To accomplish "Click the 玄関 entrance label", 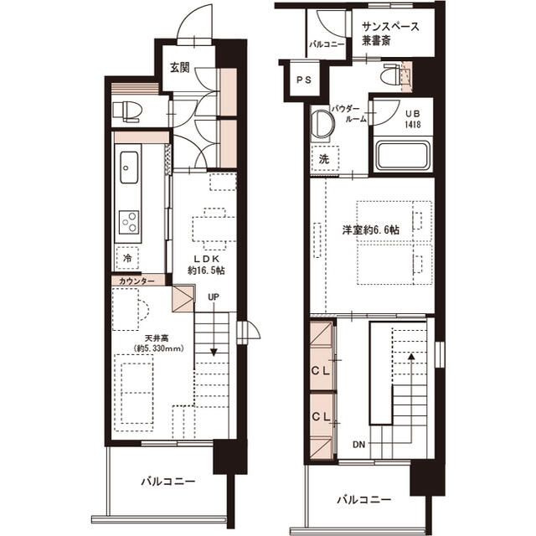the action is pos(180,67).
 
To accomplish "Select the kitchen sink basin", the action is pos(129,168).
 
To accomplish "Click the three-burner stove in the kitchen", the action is pos(129,222).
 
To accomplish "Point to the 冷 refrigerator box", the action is pos(127,258).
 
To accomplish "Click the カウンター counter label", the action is pos(137,281).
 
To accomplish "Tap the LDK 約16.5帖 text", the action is pos(207,265).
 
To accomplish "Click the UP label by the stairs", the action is pos(214,297).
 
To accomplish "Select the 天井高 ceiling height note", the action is pos(159,343).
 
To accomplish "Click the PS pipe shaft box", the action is pos(304,80).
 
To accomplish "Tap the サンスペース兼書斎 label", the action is pos(390,33).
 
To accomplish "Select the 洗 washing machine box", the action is pos(324,159).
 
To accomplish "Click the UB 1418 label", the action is pos(413,119).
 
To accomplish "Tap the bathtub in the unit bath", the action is pos(402,156).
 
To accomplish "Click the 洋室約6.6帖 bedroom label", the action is pos(371,229).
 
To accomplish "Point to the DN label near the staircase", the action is pos(359,445).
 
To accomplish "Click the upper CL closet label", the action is pos(321,371).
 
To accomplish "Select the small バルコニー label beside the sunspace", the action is pos(327,44).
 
